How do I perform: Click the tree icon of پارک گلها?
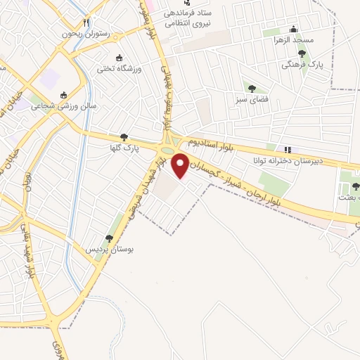tap(124, 138)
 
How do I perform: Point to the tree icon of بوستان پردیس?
tap(109, 239)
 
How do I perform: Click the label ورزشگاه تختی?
tap(119, 69)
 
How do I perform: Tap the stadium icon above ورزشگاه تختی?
tap(119, 58)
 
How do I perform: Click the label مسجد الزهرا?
tap(293, 41)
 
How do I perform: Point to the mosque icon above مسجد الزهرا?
tap(294, 30)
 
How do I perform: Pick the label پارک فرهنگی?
tap(302, 65)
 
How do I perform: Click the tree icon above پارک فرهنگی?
tap(302, 54)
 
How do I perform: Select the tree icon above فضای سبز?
tap(251, 88)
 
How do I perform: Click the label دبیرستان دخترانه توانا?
tap(288, 160)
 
